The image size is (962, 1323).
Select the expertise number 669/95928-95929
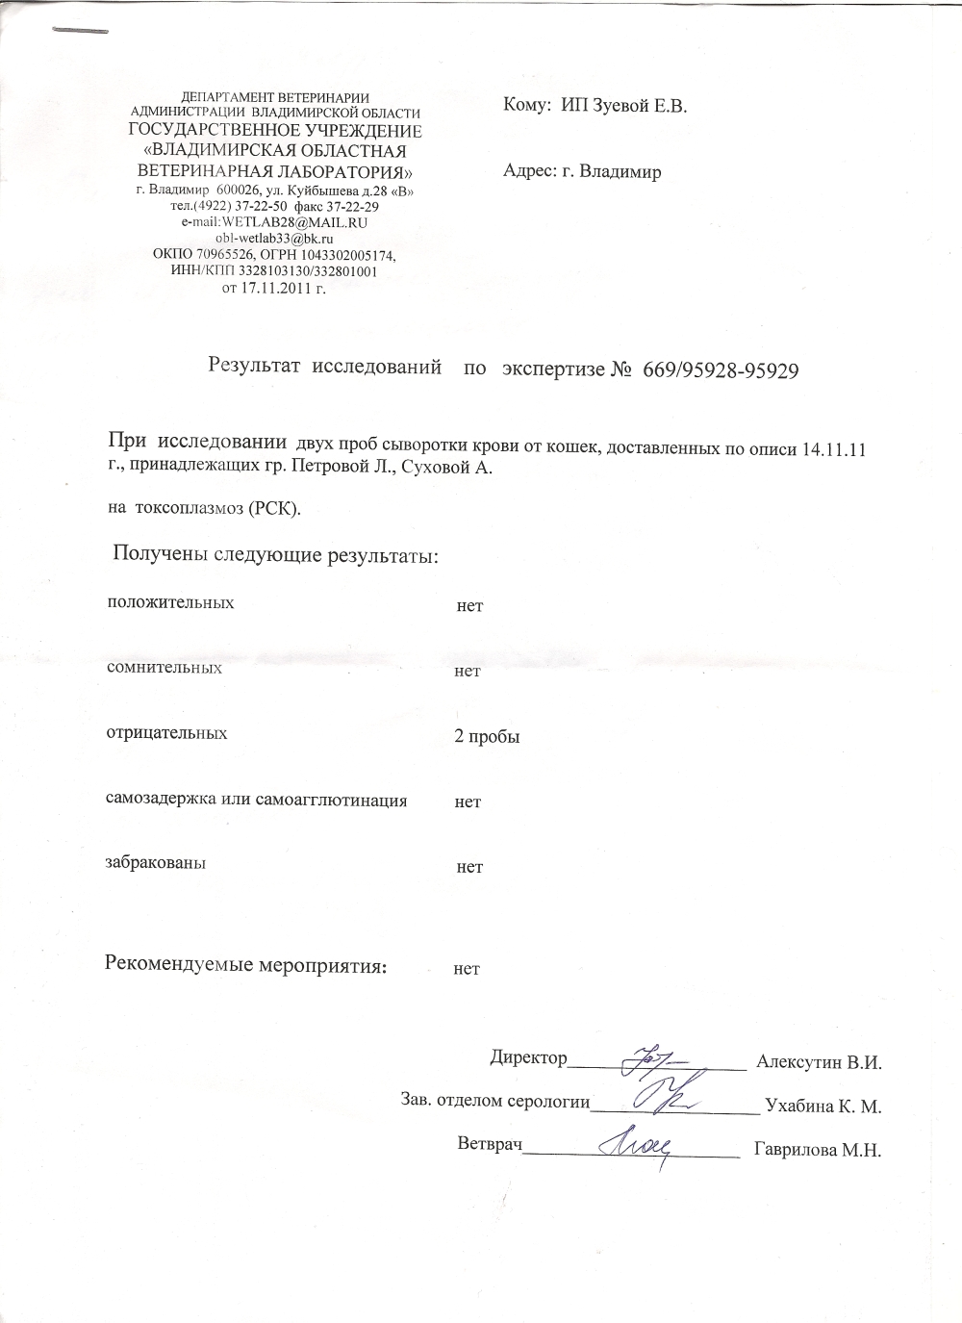(x=716, y=369)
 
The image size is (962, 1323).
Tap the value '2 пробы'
(x=487, y=737)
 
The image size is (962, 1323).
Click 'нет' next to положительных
(x=469, y=606)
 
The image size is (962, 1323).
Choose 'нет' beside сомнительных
(x=468, y=671)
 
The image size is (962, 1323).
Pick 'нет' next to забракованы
(x=469, y=867)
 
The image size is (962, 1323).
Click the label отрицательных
(x=166, y=733)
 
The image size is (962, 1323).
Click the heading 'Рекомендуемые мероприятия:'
(x=245, y=965)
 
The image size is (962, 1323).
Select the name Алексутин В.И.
(x=820, y=1062)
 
